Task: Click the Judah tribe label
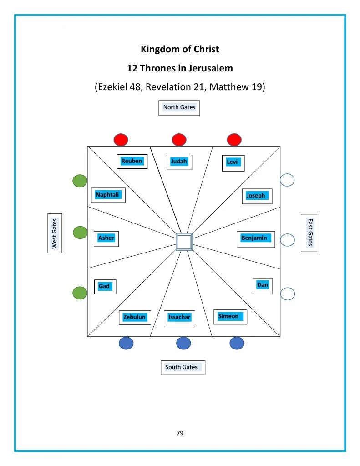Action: [179, 162]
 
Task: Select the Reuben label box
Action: [132, 161]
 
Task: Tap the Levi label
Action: [233, 162]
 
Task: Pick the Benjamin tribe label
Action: [255, 238]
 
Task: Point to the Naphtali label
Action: [107, 195]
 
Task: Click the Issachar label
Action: [179, 318]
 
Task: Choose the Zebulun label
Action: [135, 317]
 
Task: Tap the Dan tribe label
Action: [263, 285]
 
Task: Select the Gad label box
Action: [104, 287]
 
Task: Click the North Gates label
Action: [179, 108]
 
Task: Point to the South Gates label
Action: [182, 367]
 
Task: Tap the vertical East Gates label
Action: [309, 233]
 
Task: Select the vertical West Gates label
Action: [55, 233]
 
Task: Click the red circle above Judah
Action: [179, 139]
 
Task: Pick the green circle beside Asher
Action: [80, 233]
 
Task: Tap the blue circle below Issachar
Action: [183, 343]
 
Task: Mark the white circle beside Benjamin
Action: [288, 240]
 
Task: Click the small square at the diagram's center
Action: [184, 242]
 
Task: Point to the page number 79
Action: [180, 433]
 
